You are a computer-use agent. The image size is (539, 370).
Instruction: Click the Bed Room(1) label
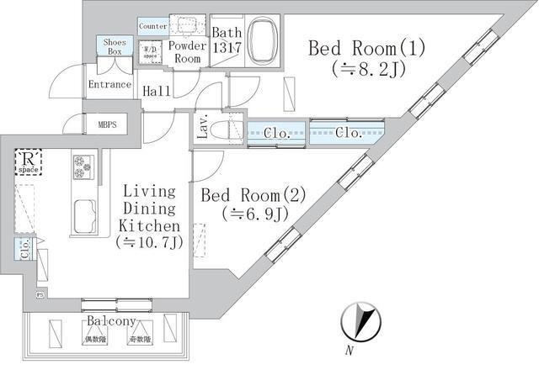click(366, 48)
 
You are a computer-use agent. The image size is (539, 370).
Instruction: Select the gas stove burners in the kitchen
click(83, 167)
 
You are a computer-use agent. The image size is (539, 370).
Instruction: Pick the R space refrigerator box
click(29, 161)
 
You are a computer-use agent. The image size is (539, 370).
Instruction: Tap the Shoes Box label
click(114, 46)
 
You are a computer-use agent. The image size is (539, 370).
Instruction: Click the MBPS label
click(107, 125)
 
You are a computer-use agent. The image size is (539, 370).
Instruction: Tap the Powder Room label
click(187, 52)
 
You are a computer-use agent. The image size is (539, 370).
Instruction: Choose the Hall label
click(154, 91)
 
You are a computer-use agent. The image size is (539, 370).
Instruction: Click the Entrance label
click(110, 85)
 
